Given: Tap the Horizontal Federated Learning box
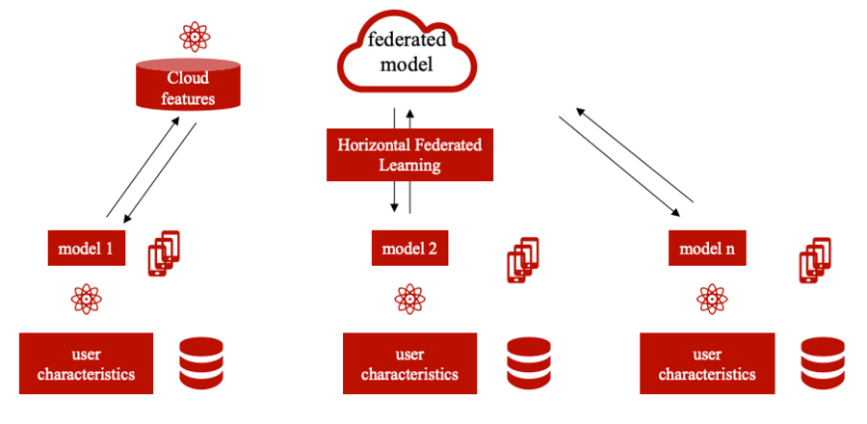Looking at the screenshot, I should [409, 155].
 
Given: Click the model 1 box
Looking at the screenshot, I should [88, 249].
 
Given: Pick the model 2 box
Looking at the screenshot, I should [409, 249].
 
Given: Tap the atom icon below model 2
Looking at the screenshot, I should [409, 299].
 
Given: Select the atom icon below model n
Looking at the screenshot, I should [712, 299].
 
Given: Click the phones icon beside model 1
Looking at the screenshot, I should [164, 252].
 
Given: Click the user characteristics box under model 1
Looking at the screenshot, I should [87, 363].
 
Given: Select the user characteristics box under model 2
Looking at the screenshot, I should [409, 363].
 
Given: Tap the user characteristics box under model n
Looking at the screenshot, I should [707, 363].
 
